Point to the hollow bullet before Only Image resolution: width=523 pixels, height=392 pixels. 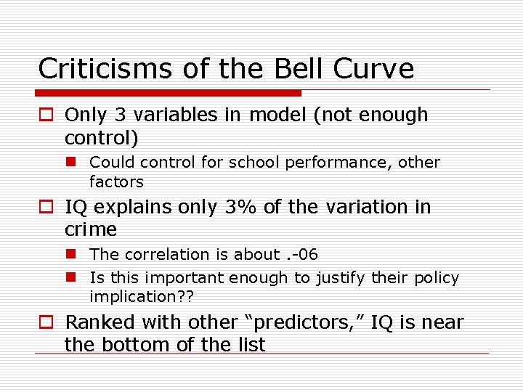pos(46,115)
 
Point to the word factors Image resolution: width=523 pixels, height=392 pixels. pos(116,181)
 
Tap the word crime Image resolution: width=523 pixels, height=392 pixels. pos(91,229)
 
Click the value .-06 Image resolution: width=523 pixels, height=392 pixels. pos(301,254)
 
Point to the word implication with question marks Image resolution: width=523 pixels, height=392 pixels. pos(142,296)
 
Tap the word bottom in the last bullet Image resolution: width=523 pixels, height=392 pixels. pos(133,345)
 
